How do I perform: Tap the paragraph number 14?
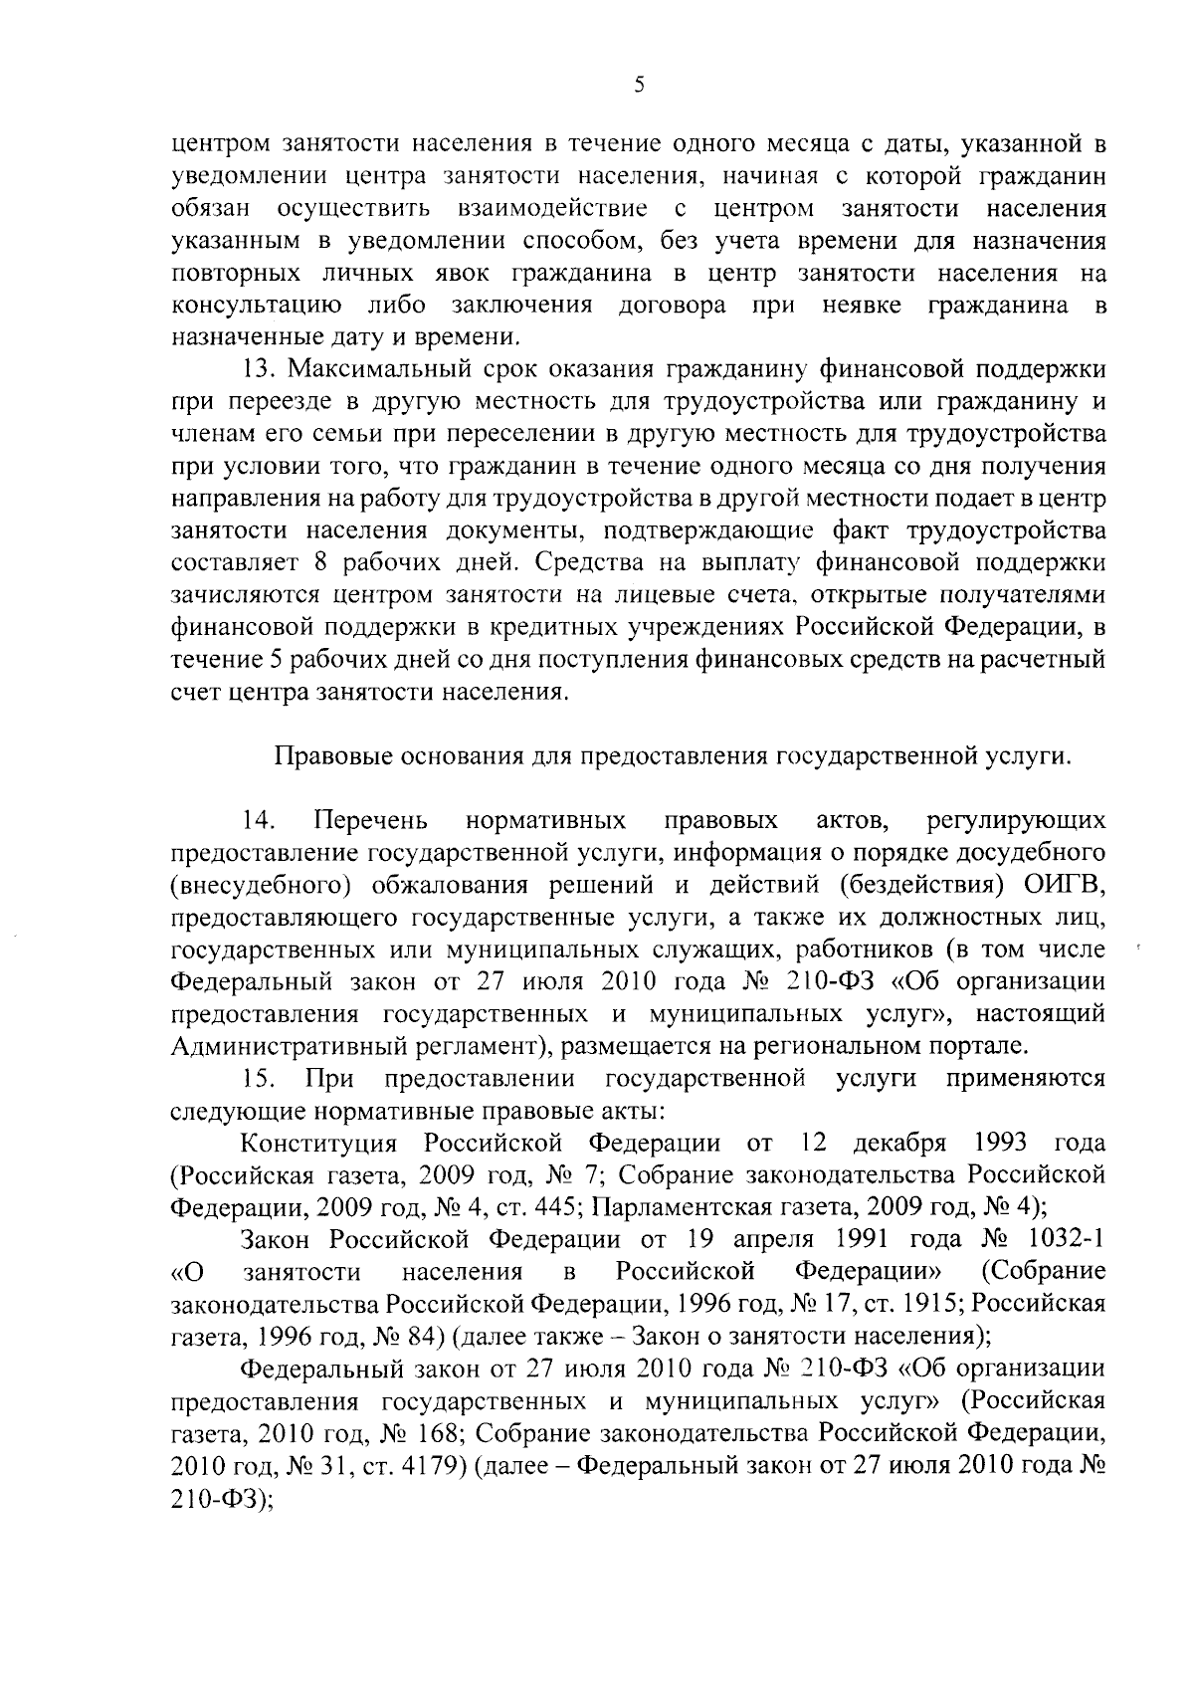click(257, 821)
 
